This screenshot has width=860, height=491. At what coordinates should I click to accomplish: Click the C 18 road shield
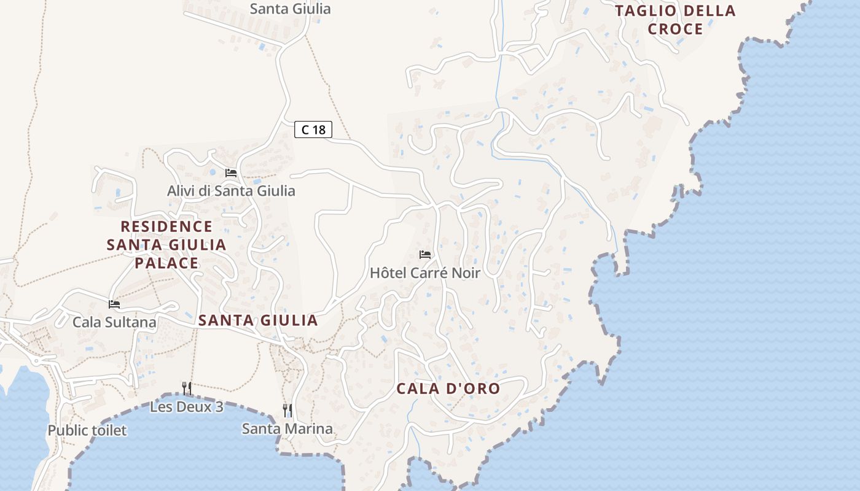[x=313, y=130]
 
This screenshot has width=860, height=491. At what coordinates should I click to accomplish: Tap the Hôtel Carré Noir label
[x=424, y=273]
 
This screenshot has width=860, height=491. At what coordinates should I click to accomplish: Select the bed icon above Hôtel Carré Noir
[x=425, y=255]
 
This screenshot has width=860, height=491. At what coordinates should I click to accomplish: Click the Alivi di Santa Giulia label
[x=231, y=191]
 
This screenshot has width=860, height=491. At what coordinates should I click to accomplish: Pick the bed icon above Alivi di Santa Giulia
[x=231, y=173]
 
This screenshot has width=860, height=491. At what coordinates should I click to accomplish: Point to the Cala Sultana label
[x=114, y=322]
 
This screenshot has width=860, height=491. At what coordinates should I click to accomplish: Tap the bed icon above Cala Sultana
[x=114, y=304]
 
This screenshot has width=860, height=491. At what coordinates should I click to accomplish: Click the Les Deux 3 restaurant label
[x=187, y=407]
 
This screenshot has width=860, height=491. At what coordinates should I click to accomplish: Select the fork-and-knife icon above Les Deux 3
[x=187, y=388]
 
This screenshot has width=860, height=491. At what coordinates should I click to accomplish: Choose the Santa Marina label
[x=287, y=428]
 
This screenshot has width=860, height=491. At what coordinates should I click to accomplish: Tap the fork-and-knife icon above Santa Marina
[x=287, y=410]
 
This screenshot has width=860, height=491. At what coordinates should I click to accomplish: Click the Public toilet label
[x=87, y=430]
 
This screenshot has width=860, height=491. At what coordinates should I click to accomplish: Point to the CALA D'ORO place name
[x=448, y=389]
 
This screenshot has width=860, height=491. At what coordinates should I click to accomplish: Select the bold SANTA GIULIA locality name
[x=258, y=320]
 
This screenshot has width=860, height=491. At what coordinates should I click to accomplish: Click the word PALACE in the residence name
[x=166, y=263]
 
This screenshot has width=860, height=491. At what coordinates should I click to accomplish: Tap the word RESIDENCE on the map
[x=166, y=226]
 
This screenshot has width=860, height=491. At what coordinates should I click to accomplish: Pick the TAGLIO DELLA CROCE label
[x=675, y=20]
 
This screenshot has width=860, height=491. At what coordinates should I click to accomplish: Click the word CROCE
[x=675, y=29]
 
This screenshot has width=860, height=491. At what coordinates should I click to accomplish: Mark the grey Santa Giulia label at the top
[x=291, y=9]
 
